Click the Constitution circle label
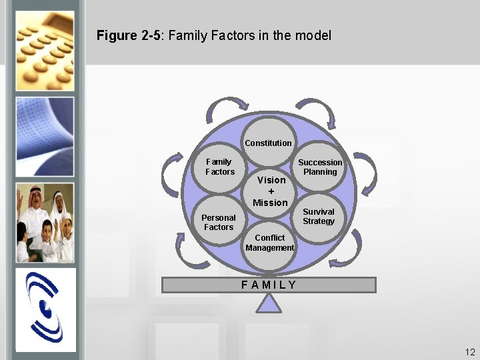(268, 143)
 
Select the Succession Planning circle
(320, 167)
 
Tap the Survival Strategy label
(319, 217)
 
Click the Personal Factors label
(219, 222)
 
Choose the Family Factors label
(219, 167)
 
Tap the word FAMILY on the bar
(269, 285)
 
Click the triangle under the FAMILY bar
(269, 303)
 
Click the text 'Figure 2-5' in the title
(129, 35)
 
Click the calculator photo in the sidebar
(45, 49)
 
